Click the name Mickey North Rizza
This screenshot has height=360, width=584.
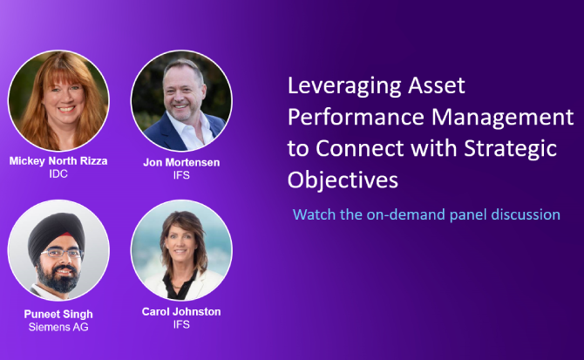click(x=58, y=161)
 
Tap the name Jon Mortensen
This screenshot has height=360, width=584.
click(x=181, y=162)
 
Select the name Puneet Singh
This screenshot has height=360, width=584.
click(x=58, y=314)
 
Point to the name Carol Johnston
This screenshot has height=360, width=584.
click(x=180, y=311)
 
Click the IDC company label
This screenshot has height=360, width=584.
click(x=58, y=173)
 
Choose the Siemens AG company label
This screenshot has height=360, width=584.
click(x=58, y=326)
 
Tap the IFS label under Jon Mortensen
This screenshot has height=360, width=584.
click(x=181, y=174)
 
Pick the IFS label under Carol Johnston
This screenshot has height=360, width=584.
click(x=180, y=324)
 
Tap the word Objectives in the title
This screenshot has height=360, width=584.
click(x=343, y=180)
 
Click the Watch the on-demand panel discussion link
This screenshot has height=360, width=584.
click(x=426, y=214)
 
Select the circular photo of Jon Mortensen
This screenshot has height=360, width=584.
click(x=181, y=100)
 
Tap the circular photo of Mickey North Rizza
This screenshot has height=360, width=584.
click(x=58, y=100)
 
